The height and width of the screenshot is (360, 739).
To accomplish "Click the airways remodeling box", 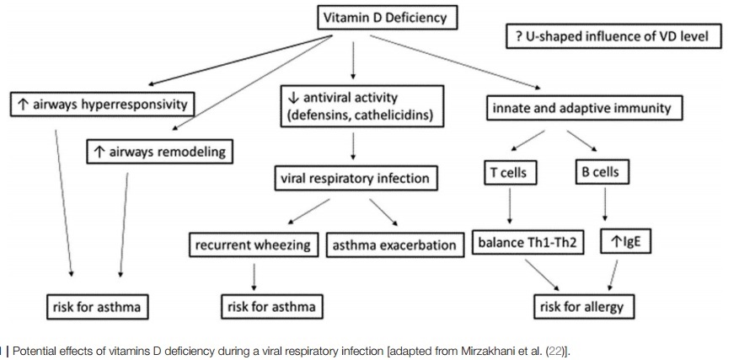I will point(158,152).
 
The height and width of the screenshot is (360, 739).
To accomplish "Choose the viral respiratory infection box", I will point(355,179).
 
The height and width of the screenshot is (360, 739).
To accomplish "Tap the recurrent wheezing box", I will point(254,245).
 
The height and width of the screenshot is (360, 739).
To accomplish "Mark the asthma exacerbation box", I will point(394,245).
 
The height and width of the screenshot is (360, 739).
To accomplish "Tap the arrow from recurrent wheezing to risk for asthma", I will point(254,276).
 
